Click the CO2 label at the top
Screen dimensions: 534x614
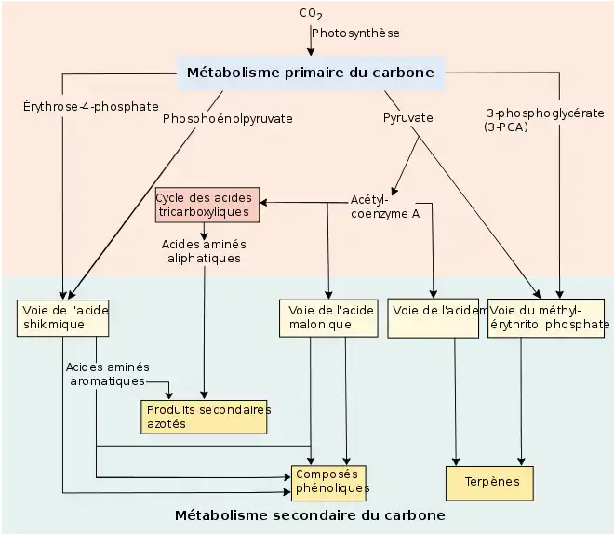click(x=311, y=14)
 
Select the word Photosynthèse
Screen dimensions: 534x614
click(x=355, y=33)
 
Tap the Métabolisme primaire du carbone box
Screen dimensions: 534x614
click(x=311, y=73)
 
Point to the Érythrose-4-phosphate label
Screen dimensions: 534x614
click(x=91, y=106)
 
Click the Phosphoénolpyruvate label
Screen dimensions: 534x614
click(x=227, y=119)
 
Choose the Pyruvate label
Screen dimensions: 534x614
click(x=408, y=118)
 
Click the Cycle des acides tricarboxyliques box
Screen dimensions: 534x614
click(x=206, y=205)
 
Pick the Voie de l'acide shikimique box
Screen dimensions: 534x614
click(x=62, y=317)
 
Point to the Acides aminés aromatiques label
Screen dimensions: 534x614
click(x=108, y=374)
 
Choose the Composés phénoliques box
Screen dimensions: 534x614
click(x=331, y=481)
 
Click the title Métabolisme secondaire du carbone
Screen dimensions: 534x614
click(x=310, y=515)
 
